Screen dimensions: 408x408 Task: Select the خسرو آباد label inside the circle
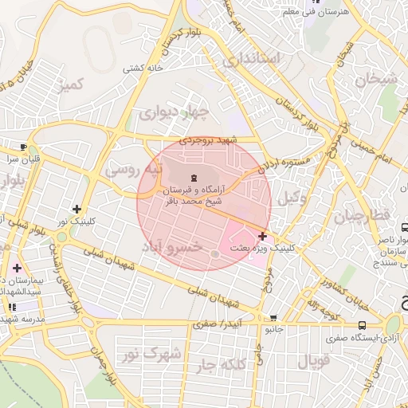coord(173,248)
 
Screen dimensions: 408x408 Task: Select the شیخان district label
coord(375,79)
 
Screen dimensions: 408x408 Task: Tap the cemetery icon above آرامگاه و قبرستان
coord(194,176)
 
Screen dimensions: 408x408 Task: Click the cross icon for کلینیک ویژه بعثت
coord(263,236)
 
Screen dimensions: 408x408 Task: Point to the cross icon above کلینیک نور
coord(76,208)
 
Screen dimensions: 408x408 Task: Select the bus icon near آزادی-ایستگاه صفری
coord(363,325)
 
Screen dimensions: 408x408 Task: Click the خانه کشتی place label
coord(143,69)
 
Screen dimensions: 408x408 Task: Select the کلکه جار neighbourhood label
coord(238,365)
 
